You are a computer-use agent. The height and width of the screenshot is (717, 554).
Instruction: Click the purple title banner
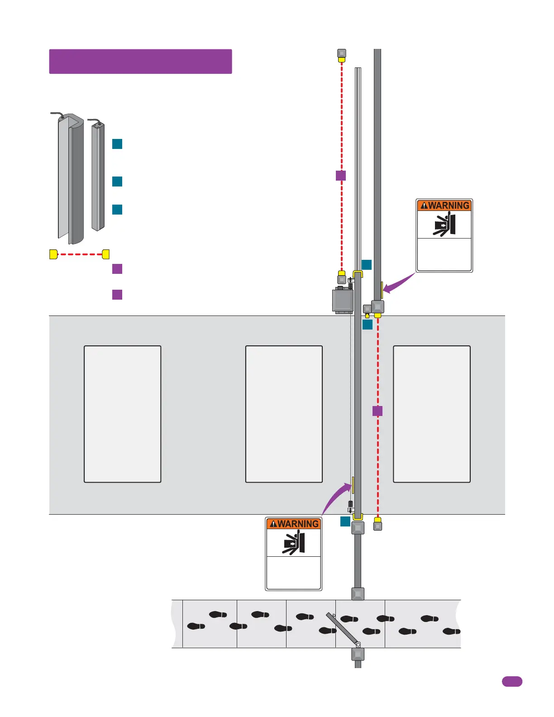coord(140,61)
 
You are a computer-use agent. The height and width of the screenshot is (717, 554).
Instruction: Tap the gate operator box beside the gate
coord(342,299)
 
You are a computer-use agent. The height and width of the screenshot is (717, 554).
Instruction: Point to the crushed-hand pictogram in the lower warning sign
coord(294,543)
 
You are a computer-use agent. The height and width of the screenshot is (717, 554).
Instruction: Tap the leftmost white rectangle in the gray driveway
coord(122,414)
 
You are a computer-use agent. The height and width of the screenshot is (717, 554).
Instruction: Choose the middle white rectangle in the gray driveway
coord(284,414)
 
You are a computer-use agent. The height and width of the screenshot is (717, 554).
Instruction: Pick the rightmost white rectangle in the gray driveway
coord(432,414)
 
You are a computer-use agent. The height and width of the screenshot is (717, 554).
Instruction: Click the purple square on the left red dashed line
coord(341,176)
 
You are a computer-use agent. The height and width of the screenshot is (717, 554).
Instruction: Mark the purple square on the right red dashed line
coord(377,411)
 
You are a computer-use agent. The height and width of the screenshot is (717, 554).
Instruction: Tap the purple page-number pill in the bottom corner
coord(512,681)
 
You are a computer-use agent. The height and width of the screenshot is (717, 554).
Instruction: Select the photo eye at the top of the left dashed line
coord(342,55)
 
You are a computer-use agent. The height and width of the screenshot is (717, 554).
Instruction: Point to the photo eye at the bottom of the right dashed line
coord(377,524)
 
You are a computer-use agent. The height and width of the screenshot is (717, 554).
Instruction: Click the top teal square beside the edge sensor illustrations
coord(117,144)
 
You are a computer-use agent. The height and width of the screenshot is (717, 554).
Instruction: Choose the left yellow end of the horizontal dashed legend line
coord(53,254)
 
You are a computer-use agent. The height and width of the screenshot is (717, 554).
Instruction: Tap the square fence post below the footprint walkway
coord(358,654)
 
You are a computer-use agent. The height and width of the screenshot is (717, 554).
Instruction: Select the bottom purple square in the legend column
coord(117,295)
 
